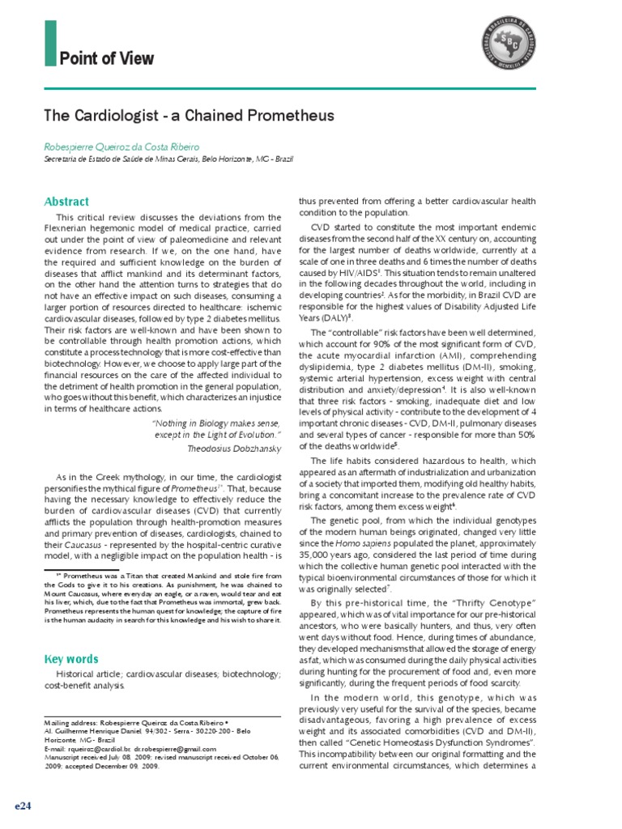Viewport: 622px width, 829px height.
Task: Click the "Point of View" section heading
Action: click(106, 59)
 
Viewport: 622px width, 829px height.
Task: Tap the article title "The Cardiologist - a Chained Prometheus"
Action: click(189, 116)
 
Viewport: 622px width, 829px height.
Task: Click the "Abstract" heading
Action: click(66, 202)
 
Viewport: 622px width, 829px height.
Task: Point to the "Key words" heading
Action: click(70, 659)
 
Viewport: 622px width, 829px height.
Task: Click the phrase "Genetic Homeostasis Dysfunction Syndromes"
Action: click(438, 742)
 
